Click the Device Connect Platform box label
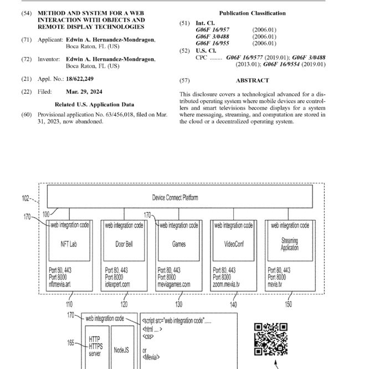[x=175, y=198]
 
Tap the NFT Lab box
[x=70, y=244]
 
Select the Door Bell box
[x=124, y=244]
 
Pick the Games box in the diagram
[x=178, y=244]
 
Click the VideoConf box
[x=233, y=244]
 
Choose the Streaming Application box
[x=289, y=244]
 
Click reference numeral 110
[x=69, y=304]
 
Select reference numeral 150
[x=288, y=304]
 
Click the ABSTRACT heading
[x=252, y=81]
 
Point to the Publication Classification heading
[x=252, y=13]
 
